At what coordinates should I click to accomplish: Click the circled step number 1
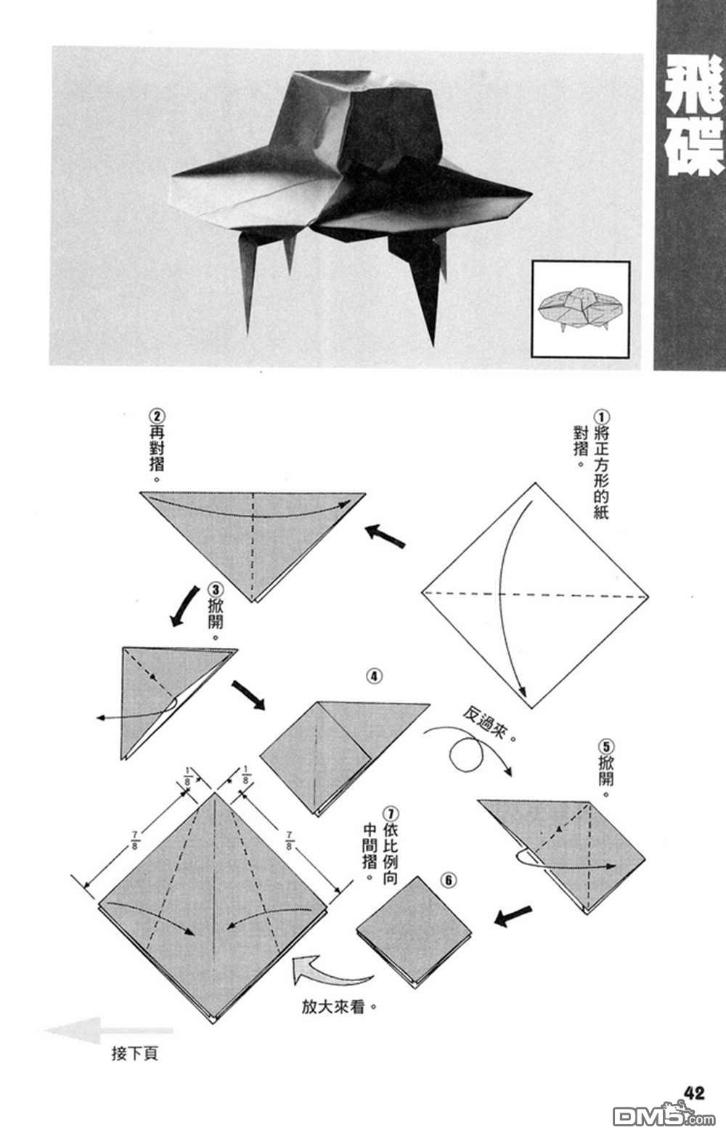601,418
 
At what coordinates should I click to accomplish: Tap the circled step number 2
157,417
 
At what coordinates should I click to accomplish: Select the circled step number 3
216,590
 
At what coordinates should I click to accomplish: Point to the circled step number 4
375,676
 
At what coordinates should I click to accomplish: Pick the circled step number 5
606,747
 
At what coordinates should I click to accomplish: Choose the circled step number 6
449,880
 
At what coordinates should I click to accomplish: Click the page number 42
695,1093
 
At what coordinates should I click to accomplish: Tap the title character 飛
694,86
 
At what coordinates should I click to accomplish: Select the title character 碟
694,148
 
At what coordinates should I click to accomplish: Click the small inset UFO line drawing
581,309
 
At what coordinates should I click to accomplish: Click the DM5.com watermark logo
664,1115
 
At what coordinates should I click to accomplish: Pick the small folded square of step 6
414,932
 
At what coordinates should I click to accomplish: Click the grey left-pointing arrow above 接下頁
110,1030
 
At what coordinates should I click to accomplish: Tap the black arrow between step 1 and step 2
385,536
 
